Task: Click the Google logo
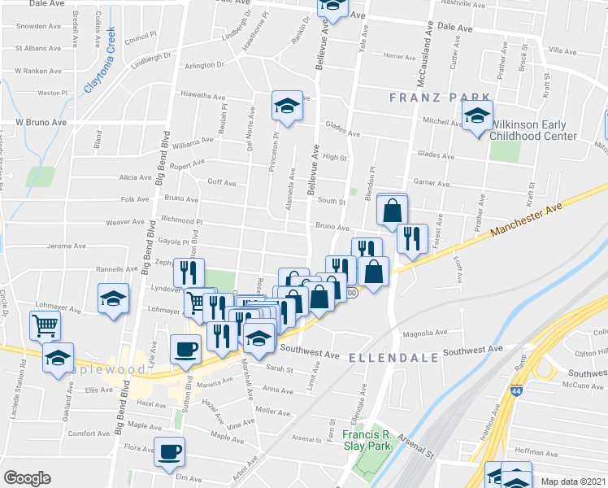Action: [x=27, y=478]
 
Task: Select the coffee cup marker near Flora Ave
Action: [x=170, y=451]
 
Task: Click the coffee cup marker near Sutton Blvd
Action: [x=185, y=348]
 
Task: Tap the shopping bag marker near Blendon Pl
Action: [x=392, y=210]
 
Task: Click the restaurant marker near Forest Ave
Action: [x=412, y=238]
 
